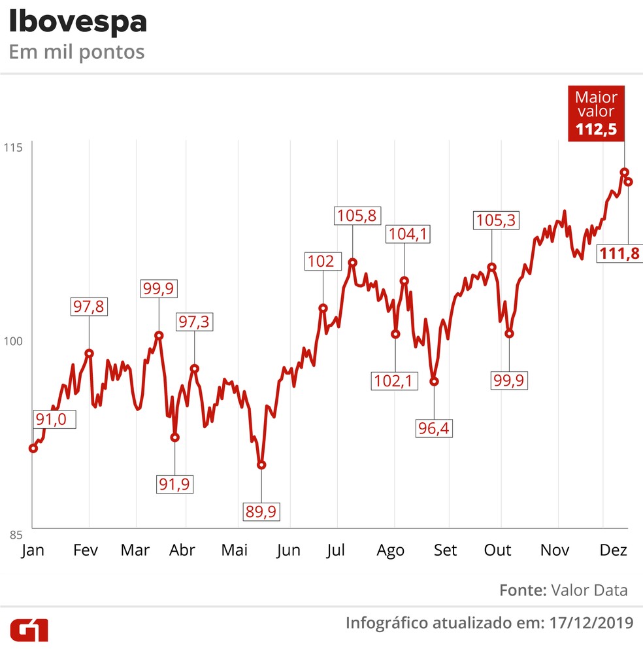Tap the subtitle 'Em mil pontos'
[76, 52]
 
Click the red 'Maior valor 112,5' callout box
[596, 113]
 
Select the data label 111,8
[620, 254]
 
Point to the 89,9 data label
[261, 511]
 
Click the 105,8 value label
[356, 215]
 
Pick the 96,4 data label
[434, 428]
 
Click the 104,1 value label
[408, 233]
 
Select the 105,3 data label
[495, 220]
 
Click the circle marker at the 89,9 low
[261, 465]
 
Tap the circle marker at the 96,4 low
[434, 381]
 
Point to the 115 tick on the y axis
[15, 148]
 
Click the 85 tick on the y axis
[15, 533]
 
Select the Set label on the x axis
[446, 550]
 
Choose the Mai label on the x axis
[235, 550]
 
